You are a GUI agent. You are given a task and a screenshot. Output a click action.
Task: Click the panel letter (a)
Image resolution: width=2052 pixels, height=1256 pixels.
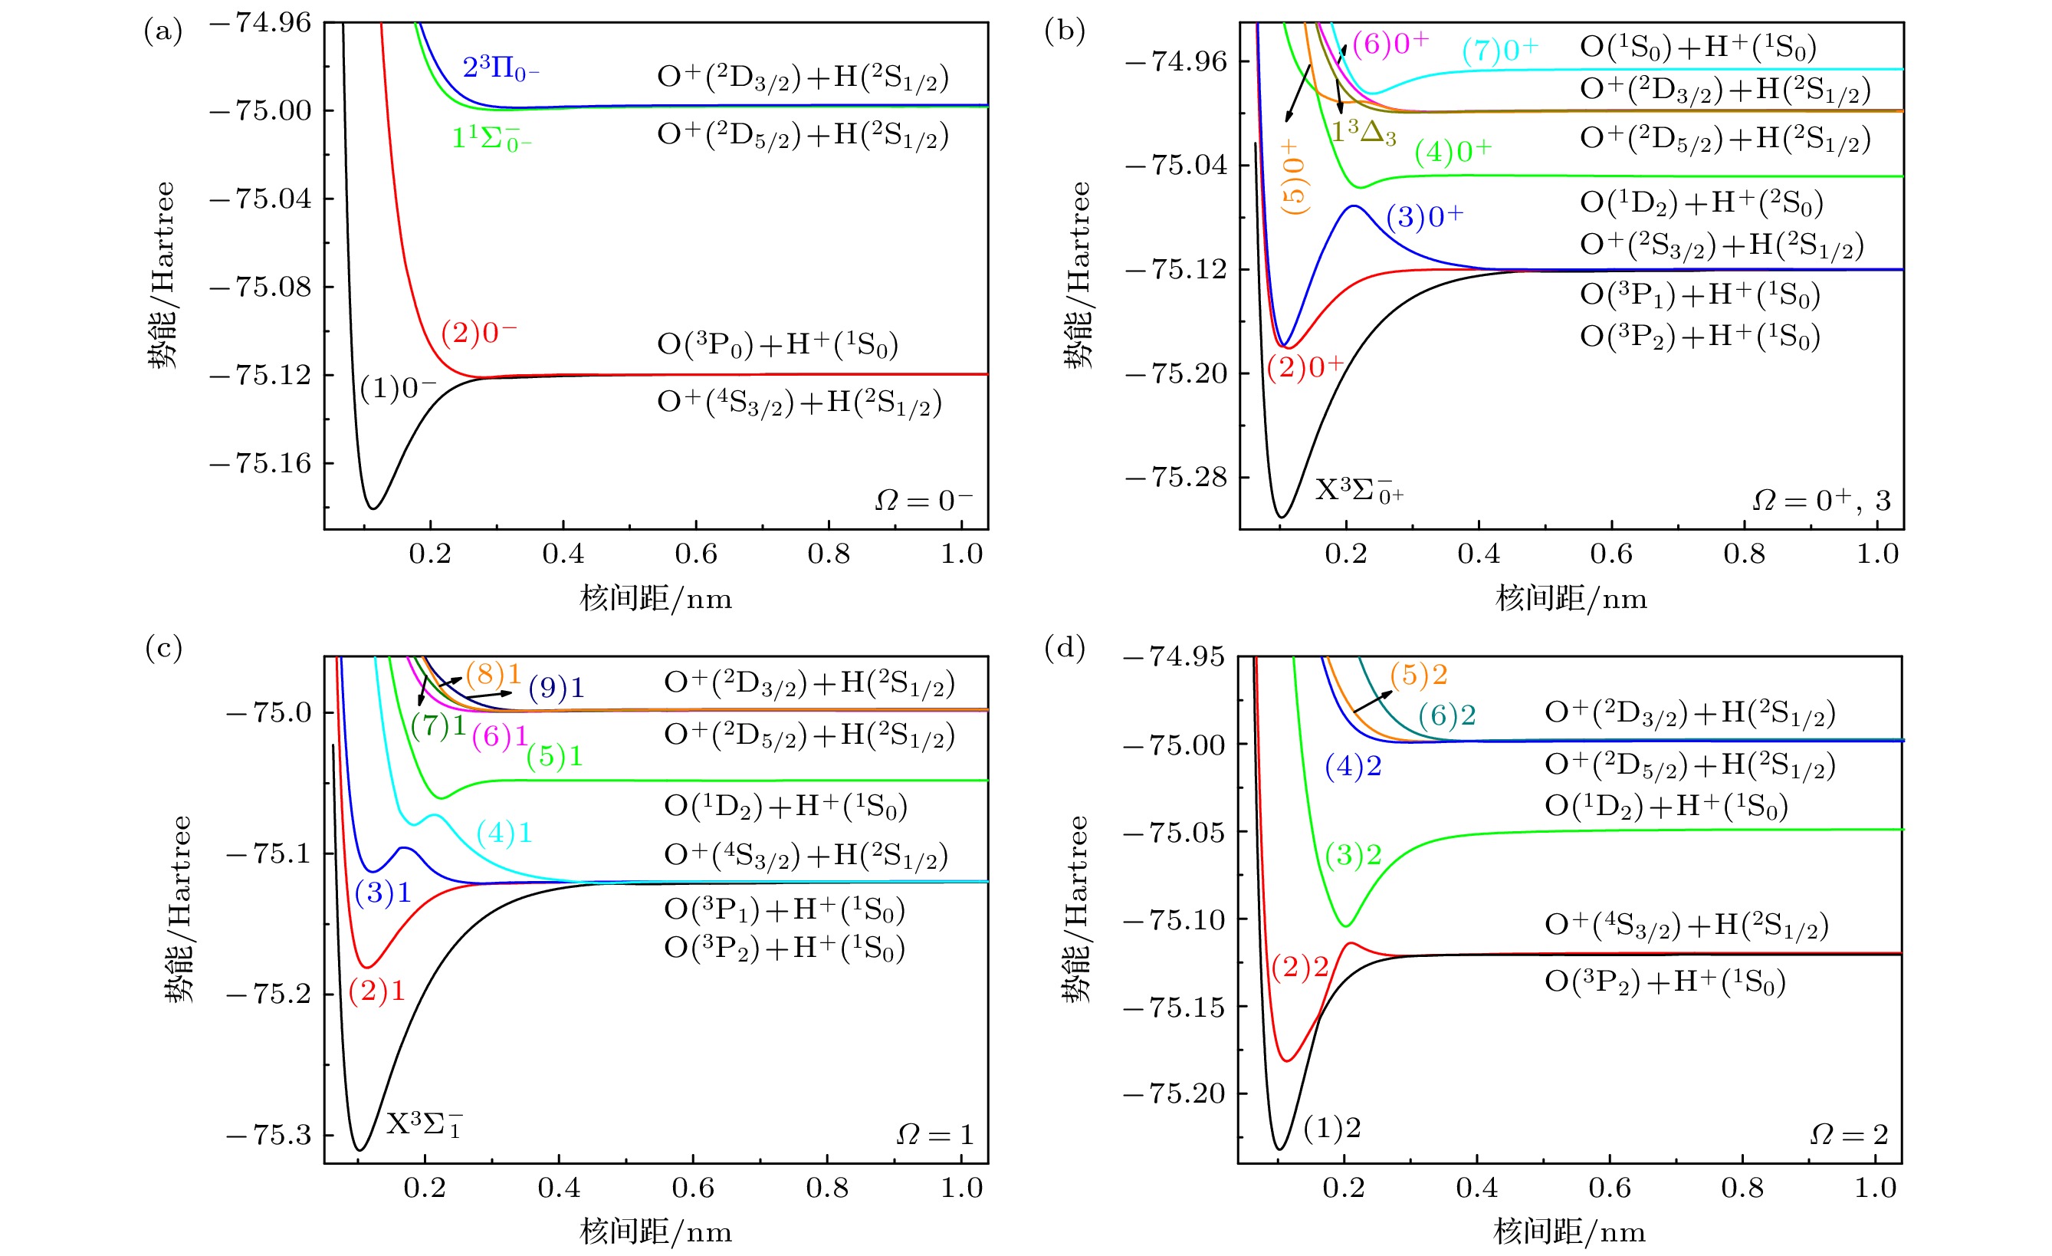pyautogui.click(x=163, y=31)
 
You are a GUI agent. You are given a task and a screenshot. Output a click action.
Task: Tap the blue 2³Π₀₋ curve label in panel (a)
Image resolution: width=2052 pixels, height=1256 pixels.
pyautogui.click(x=501, y=68)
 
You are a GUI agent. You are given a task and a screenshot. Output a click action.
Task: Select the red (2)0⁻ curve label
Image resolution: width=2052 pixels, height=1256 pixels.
pyautogui.click(x=479, y=333)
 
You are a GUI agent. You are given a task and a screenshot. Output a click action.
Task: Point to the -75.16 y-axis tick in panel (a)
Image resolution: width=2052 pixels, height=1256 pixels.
pyautogui.click(x=261, y=463)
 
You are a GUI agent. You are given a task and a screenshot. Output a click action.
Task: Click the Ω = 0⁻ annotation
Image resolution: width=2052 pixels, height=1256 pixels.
pyautogui.click(x=924, y=500)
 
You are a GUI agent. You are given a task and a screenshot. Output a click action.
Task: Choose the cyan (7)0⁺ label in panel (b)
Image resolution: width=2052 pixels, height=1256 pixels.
pyautogui.click(x=1500, y=51)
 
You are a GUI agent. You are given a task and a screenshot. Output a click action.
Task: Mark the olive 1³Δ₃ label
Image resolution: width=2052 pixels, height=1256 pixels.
pyautogui.click(x=1364, y=132)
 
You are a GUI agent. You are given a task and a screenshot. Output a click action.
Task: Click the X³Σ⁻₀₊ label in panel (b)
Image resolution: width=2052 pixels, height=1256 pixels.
pyautogui.click(x=1358, y=491)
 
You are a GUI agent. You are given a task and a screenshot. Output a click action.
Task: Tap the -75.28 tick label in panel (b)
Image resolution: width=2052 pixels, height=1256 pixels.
pyautogui.click(x=1176, y=477)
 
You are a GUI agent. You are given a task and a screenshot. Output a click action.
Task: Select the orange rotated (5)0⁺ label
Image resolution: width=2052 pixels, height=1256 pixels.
pyautogui.click(x=1293, y=177)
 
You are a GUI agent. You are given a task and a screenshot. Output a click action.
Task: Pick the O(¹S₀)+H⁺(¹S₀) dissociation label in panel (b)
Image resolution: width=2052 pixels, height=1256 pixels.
pyautogui.click(x=1698, y=48)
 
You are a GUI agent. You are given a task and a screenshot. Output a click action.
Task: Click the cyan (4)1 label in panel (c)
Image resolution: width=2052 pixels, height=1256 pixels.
pyautogui.click(x=504, y=832)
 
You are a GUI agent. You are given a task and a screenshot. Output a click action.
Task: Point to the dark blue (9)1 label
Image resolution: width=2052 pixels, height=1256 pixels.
pyautogui.click(x=557, y=687)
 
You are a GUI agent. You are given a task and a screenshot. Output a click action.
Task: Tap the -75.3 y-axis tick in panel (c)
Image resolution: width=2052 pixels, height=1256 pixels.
pyautogui.click(x=268, y=1134)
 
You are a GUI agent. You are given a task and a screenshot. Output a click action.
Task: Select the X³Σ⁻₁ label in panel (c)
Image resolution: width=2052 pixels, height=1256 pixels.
pyautogui.click(x=424, y=1124)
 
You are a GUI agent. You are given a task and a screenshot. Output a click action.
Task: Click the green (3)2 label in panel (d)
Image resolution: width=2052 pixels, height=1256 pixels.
pyautogui.click(x=1353, y=854)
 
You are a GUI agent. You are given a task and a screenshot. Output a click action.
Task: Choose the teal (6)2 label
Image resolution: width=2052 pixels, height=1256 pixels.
pyautogui.click(x=1447, y=715)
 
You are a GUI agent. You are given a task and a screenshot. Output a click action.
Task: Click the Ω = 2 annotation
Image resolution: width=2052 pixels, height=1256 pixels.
pyautogui.click(x=1849, y=1134)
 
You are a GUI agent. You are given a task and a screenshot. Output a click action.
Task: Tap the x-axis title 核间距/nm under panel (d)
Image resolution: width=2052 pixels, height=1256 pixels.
pyautogui.click(x=1569, y=1231)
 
